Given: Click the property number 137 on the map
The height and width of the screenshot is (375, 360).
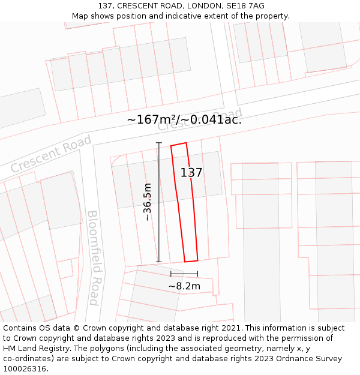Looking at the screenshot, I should click(191, 173).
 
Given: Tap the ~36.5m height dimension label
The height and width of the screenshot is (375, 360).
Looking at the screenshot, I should click(148, 202).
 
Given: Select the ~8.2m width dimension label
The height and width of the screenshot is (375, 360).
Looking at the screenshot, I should click(184, 286).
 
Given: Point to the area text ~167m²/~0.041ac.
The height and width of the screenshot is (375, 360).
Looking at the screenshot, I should click(184, 119).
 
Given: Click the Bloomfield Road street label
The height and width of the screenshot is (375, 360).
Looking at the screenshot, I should click(93, 257).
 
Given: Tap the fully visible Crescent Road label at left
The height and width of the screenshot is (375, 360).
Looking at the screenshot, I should click(51, 154).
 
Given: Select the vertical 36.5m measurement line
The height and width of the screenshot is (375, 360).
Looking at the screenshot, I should click(159, 202).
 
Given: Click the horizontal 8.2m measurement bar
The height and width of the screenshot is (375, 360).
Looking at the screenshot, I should click(184, 274).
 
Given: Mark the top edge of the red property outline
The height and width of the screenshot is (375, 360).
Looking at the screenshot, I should click(179, 144).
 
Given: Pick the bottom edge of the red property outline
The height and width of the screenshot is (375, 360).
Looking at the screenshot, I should click(191, 261).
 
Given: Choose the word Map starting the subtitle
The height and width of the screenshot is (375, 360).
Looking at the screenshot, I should click(80, 16).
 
